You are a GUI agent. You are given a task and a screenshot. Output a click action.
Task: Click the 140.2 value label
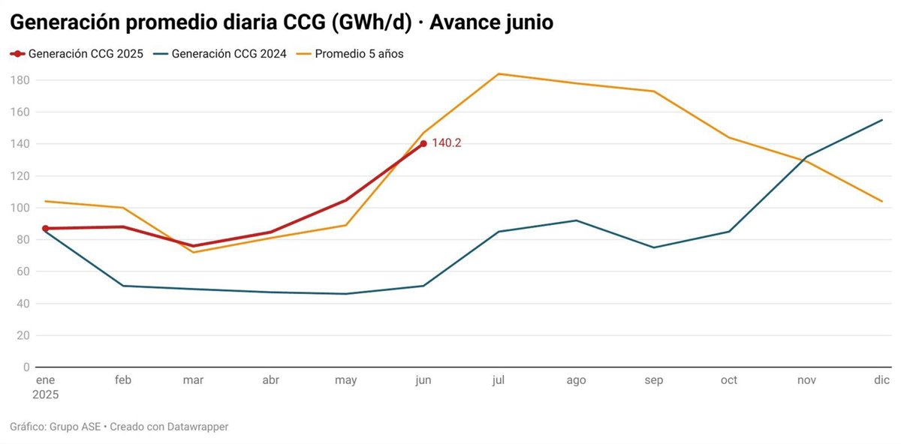pos(446,143)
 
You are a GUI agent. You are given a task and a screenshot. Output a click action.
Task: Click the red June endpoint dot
pos(423,143)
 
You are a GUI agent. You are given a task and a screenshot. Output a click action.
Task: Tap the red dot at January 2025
pos(46,228)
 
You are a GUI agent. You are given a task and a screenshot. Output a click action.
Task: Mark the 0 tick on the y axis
pos(26,367)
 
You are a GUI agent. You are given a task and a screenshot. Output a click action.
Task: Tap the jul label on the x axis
pos(498,380)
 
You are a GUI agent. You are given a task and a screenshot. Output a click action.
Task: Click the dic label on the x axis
pos(881,380)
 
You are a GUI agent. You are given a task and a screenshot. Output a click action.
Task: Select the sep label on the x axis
pos(653,380)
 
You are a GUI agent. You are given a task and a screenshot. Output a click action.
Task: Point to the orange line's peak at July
pos(499,73)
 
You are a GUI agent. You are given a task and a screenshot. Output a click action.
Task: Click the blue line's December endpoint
pos(882,120)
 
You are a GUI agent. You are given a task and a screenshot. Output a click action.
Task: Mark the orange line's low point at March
pos(193,252)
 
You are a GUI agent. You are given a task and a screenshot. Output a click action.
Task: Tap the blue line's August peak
pos(576,220)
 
